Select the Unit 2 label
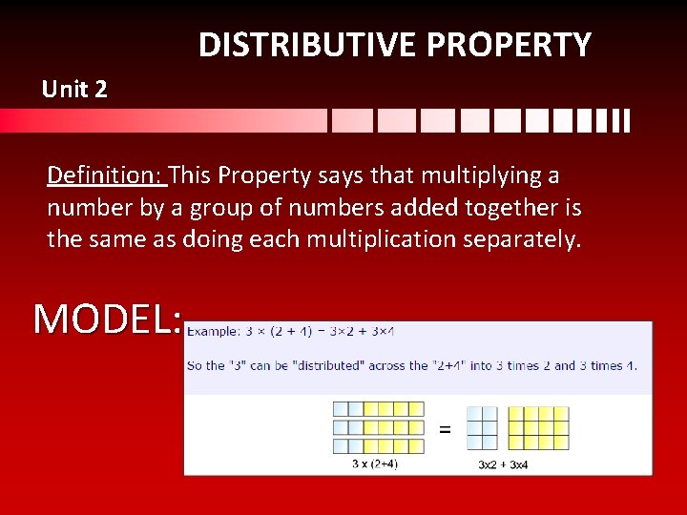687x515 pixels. coord(74,91)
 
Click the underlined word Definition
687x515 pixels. coord(106,176)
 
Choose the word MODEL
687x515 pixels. coord(108,319)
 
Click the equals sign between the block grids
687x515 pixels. coord(444,429)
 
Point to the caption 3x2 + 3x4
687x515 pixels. coord(504,464)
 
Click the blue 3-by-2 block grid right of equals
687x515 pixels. coord(482,428)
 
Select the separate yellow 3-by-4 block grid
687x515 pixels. coord(538,428)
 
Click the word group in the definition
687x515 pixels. coord(215,208)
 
